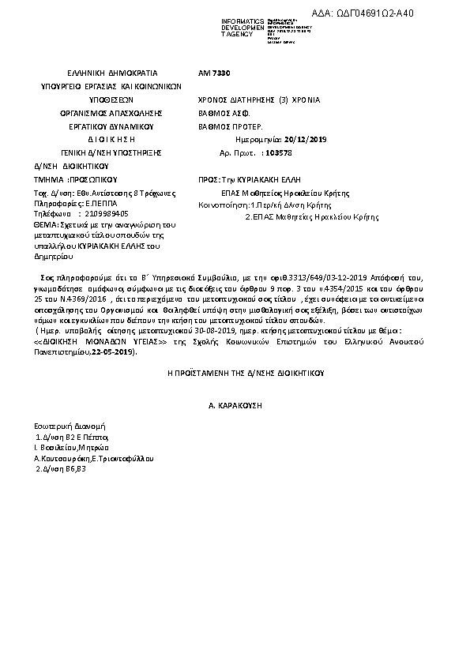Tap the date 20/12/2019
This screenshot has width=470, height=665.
(x=280, y=139)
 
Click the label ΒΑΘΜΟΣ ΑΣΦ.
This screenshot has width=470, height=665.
(x=224, y=114)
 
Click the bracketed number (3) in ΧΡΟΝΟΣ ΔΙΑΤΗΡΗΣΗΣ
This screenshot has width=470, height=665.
(x=284, y=100)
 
